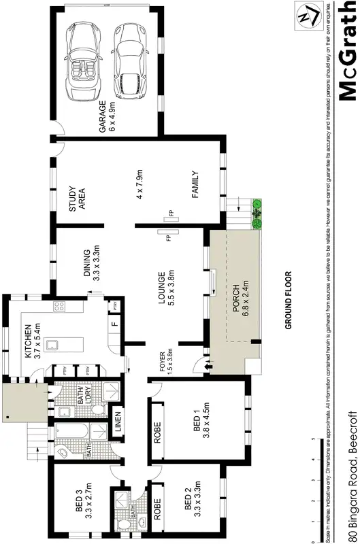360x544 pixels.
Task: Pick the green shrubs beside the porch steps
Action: (257, 213)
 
